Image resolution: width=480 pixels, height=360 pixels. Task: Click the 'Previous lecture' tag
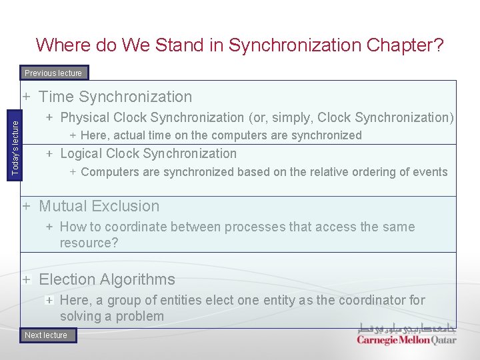coord(53,73)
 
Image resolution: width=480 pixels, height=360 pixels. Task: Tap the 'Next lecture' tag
coord(47,335)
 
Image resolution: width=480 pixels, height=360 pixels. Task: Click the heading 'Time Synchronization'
coord(115,97)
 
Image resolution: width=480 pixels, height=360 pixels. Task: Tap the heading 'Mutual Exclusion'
coord(99,206)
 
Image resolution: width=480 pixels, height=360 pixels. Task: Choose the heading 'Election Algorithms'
coord(107,279)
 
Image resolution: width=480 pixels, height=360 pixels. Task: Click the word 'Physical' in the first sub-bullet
coord(85,117)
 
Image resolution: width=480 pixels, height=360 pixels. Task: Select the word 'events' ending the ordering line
coord(429,172)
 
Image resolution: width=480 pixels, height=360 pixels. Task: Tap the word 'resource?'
coord(89,243)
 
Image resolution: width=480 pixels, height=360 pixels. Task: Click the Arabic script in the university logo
coord(407,327)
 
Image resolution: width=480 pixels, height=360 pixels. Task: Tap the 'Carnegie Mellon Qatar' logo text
coord(407,340)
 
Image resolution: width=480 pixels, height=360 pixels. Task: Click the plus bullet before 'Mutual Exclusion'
coord(27,206)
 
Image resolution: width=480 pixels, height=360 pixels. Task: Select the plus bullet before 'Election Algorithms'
coord(27,279)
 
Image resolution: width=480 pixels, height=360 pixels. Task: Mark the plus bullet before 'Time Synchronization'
coord(27,97)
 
